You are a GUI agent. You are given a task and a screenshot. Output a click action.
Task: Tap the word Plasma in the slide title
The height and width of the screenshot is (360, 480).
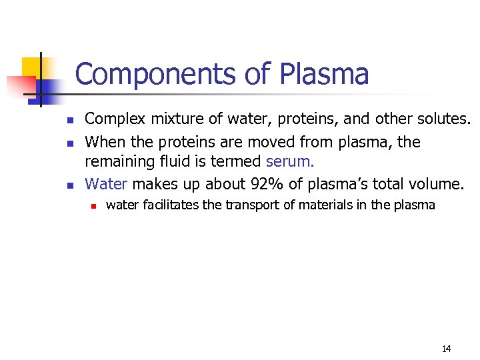(x=324, y=75)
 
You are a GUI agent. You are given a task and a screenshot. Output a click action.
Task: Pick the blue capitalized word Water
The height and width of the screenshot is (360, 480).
(x=106, y=183)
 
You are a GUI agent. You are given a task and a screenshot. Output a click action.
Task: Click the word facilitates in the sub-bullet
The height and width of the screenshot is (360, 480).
(x=169, y=205)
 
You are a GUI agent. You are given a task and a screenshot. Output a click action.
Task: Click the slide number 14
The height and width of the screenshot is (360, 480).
(x=446, y=349)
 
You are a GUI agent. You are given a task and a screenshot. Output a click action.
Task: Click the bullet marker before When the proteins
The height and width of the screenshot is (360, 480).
(x=69, y=142)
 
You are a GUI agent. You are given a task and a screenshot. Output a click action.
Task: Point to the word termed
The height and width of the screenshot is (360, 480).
(x=236, y=162)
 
